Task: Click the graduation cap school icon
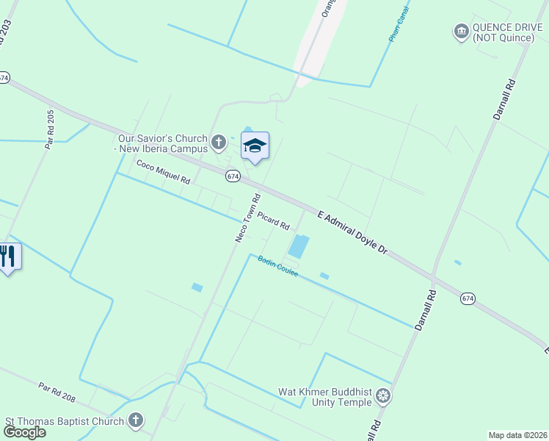(x=255, y=145)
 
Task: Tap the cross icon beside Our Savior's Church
(x=218, y=142)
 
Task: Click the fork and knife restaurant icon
(x=8, y=256)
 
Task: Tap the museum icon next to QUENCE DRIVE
(x=461, y=31)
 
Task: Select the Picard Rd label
(x=273, y=221)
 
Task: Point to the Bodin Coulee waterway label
(x=277, y=267)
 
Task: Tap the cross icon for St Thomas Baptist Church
(x=135, y=420)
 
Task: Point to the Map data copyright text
(x=517, y=435)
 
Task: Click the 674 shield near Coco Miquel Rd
(x=233, y=176)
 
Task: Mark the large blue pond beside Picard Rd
(x=299, y=246)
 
